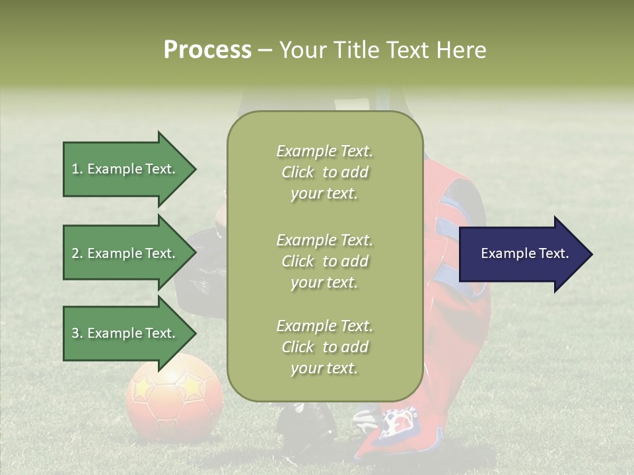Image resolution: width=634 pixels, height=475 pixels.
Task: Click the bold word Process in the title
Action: click(207, 49)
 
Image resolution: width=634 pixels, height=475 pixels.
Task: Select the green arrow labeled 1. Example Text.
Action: click(125, 169)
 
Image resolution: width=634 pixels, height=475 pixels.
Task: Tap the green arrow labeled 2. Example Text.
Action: click(125, 253)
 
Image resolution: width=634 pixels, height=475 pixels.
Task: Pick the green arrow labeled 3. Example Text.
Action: click(125, 333)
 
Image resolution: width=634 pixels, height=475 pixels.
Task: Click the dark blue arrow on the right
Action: click(522, 254)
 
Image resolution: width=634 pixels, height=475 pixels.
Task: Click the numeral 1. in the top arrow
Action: click(77, 169)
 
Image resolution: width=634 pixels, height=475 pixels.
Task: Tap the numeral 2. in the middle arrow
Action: click(77, 253)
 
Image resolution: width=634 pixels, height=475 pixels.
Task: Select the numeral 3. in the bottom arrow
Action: click(77, 333)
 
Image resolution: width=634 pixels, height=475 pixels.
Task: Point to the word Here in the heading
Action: click(462, 49)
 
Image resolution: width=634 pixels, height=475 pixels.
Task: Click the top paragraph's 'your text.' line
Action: click(324, 193)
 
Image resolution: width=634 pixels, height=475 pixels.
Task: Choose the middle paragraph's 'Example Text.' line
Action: click(324, 239)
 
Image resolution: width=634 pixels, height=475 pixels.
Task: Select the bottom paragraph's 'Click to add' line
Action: click(324, 346)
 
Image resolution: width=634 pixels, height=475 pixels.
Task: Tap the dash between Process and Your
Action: click(265, 49)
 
